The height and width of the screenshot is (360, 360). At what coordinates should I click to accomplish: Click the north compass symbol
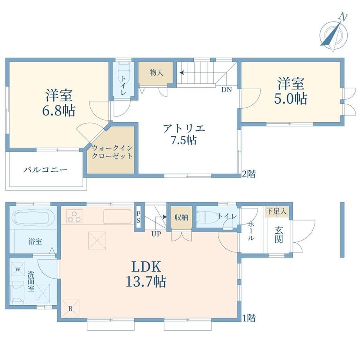334,34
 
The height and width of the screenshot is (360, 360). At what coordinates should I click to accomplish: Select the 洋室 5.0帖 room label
291,91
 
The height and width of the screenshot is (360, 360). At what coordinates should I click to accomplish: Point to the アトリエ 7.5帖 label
184,134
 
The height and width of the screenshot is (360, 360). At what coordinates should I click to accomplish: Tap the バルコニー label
45,170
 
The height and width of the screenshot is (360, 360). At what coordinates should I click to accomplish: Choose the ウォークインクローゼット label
112,152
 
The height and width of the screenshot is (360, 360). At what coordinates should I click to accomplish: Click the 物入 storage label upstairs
157,72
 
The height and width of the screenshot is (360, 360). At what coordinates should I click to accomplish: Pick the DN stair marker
227,90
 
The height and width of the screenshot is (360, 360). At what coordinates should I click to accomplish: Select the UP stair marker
156,234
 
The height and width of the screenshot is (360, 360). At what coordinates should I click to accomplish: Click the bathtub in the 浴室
34,218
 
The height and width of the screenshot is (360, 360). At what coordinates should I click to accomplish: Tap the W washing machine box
18,268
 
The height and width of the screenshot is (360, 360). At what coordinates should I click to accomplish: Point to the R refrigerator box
70,309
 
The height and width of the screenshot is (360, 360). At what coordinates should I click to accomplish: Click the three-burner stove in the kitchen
74,216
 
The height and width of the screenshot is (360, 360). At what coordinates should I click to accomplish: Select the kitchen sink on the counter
117,216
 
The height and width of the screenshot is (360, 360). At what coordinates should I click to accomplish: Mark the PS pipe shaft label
138,217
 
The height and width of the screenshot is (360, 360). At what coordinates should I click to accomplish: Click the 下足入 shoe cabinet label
277,211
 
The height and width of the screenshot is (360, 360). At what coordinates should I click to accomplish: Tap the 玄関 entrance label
279,234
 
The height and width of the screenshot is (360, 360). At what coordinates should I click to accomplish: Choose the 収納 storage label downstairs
181,218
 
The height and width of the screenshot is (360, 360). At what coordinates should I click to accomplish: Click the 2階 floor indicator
249,174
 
